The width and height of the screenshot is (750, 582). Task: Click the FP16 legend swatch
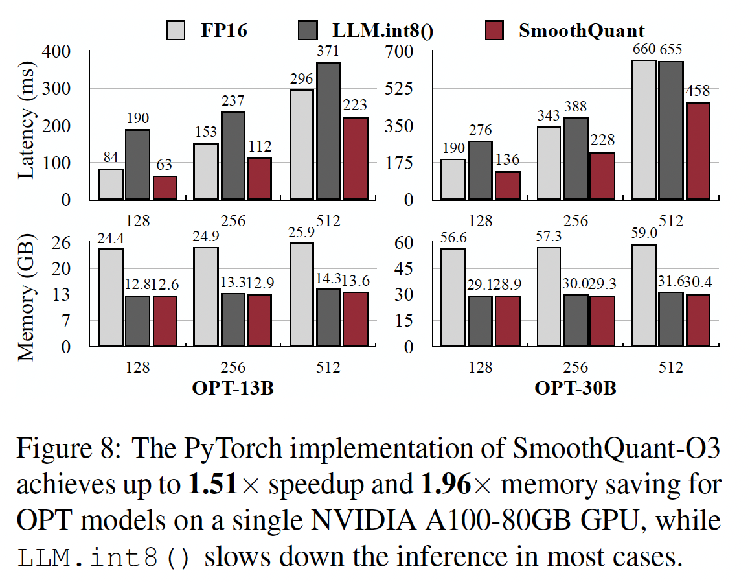pyautogui.click(x=176, y=30)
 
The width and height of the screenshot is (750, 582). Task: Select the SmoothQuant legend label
pyautogui.click(x=582, y=30)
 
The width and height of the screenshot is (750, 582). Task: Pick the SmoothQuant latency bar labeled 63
pyautogui.click(x=165, y=187)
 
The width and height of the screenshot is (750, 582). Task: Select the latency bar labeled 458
pyautogui.click(x=698, y=150)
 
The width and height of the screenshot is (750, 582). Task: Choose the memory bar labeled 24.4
pyautogui.click(x=110, y=297)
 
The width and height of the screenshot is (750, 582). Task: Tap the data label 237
pyautogui.click(x=233, y=102)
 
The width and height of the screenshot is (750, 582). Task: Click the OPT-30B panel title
pyautogui.click(x=575, y=389)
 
